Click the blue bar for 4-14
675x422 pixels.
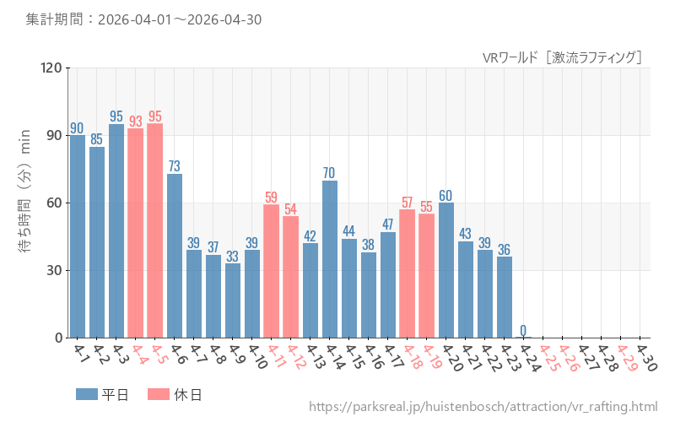[330, 259]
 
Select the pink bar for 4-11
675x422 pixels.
[271, 271]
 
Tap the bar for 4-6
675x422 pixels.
[175, 256]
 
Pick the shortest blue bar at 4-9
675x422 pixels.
[233, 300]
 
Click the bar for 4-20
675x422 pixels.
[446, 270]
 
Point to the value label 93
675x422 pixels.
[136, 122]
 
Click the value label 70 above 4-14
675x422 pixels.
[329, 173]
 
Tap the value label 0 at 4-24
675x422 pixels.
[523, 330]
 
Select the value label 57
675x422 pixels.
[407, 203]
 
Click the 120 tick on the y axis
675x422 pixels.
[51, 68]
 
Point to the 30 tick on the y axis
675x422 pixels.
[54, 270]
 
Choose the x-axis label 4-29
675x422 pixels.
[628, 358]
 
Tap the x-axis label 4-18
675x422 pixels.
[411, 357]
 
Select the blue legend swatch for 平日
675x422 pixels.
[87, 394]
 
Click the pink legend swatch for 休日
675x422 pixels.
[159, 394]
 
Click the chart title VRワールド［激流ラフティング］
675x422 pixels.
[562, 57]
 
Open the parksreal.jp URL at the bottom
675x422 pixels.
[483, 407]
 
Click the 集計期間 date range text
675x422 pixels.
[143, 19]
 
